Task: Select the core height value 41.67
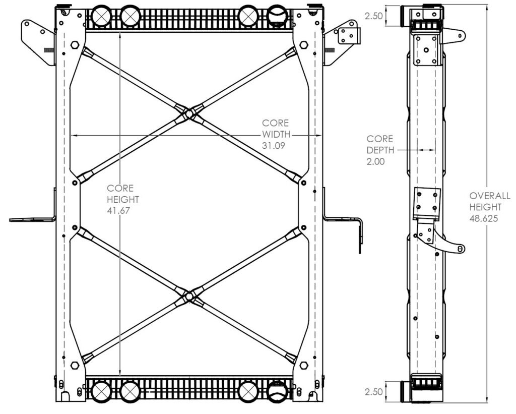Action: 118,211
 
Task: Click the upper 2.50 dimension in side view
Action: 373,16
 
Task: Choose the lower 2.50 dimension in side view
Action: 373,391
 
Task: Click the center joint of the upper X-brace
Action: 189,114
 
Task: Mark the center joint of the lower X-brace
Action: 189,297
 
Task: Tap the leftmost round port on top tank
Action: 101,16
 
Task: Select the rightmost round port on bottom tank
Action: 277,391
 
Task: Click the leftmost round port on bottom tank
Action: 101,391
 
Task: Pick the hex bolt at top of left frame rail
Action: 75,45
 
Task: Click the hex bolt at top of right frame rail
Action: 303,45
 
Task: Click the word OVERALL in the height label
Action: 490,196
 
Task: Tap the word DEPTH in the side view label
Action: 379,150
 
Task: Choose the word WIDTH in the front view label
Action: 276,134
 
